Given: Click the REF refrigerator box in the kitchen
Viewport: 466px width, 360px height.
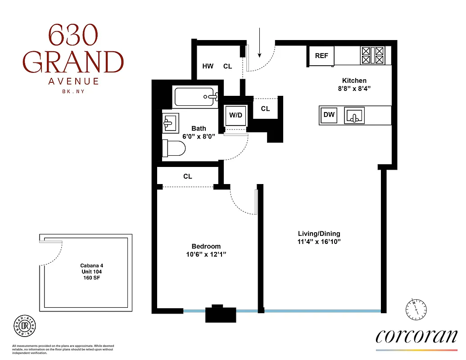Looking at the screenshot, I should click(x=321, y=56).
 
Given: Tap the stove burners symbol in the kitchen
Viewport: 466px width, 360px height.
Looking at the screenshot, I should click(x=372, y=56).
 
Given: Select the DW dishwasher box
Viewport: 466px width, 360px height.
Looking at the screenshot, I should click(x=329, y=115).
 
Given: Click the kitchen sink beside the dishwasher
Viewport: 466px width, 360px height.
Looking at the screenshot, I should click(x=354, y=115).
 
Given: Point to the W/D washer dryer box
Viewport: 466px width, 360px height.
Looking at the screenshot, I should click(x=235, y=115).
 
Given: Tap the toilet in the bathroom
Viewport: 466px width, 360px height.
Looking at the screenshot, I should click(x=174, y=148).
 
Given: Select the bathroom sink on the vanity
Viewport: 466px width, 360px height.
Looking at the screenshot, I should click(x=171, y=122).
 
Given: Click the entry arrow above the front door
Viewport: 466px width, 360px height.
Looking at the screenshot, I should click(x=260, y=43).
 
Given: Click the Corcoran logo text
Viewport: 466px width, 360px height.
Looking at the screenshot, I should click(x=416, y=336).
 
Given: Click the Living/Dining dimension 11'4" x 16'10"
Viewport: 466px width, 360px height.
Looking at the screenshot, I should click(x=319, y=242).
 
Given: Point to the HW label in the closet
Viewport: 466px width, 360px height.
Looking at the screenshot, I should click(x=208, y=66).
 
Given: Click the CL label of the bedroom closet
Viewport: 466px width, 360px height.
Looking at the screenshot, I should click(x=188, y=176).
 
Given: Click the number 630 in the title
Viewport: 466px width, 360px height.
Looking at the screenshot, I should click(x=72, y=36).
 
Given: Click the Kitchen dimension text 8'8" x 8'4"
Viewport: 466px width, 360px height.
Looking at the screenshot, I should click(x=354, y=89).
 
